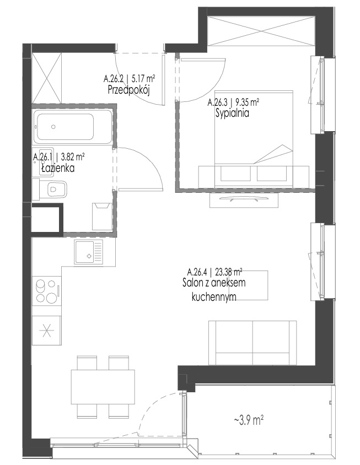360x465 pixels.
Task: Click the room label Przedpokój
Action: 128,90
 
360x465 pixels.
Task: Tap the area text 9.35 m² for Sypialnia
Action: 247,103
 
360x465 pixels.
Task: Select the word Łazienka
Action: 58,169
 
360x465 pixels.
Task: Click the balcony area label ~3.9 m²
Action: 249,420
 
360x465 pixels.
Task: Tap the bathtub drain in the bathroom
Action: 53,127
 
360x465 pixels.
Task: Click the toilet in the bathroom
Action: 53,189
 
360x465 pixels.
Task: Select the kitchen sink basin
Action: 85,252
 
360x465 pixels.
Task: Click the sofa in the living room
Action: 252,343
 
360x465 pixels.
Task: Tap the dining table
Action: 103,386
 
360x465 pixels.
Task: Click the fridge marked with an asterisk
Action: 47,330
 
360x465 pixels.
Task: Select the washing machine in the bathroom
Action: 103,216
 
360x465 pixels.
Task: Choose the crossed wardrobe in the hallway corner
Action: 47,78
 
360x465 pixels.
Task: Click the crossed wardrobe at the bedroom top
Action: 261,31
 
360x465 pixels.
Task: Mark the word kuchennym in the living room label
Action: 214,297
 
